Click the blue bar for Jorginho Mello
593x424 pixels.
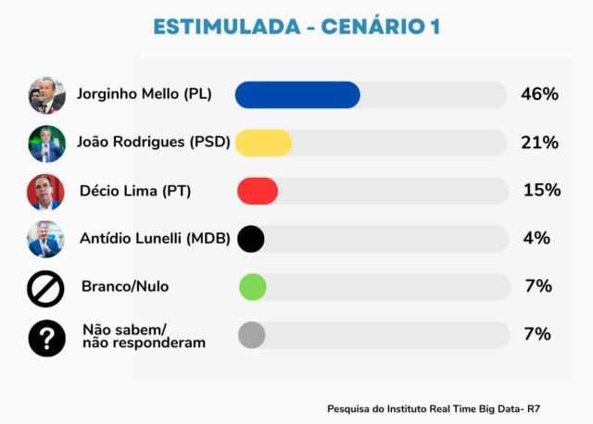[297, 94]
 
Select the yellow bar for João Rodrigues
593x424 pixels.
[263, 143]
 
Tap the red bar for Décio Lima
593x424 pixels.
[258, 191]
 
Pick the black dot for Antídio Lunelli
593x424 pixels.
[251, 239]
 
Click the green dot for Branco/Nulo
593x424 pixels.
[253, 287]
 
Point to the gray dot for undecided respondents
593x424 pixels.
[251, 335]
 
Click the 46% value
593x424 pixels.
[539, 94]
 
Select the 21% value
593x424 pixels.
[539, 143]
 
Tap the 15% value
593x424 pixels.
[542, 190]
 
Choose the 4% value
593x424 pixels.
[536, 238]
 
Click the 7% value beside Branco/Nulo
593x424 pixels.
[538, 286]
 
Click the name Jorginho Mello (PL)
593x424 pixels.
[145, 94]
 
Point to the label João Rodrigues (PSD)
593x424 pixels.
[154, 142]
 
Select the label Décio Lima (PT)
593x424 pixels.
[135, 191]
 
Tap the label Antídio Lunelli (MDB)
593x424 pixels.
[155, 239]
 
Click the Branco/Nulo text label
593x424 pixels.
[125, 286]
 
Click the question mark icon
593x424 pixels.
[47, 338]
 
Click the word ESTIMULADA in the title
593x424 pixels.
[227, 27]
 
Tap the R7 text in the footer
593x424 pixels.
[534, 409]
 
